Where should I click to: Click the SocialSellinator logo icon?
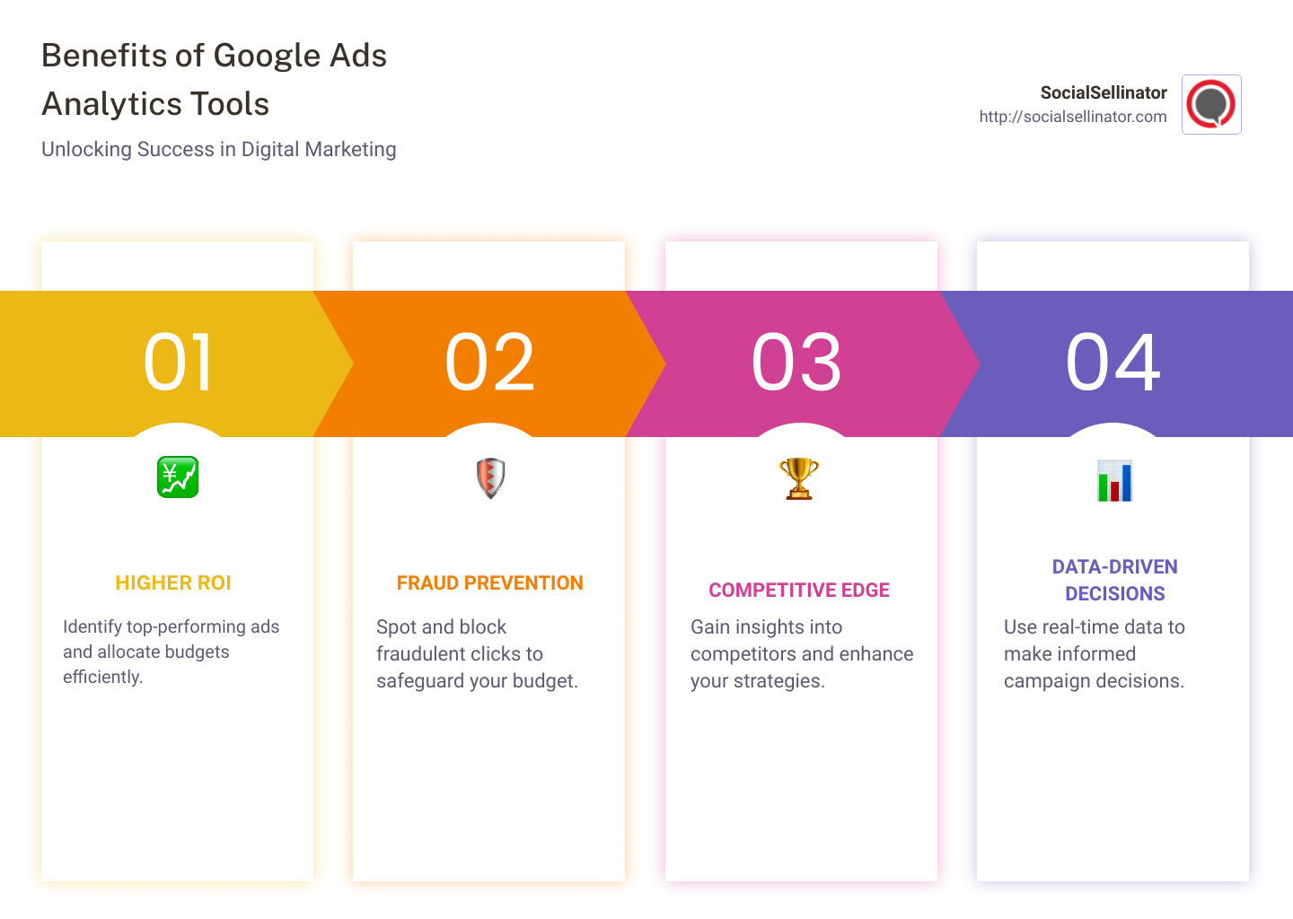[1211, 105]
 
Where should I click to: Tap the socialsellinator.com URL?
[1073, 117]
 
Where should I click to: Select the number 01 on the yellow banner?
[178, 363]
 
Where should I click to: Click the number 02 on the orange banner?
[490, 363]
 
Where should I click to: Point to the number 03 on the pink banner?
[796, 363]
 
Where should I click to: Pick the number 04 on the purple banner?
[1113, 363]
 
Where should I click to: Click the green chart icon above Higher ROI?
[178, 477]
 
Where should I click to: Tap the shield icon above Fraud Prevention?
[490, 477]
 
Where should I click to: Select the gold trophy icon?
[799, 478]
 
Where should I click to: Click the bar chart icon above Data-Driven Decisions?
[1114, 480]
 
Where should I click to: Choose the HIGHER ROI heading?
[173, 583]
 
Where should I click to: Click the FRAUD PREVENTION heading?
[490, 583]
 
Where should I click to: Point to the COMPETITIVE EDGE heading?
[799, 591]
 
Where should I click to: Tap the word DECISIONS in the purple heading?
[1114, 594]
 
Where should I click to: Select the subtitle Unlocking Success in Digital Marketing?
[219, 149]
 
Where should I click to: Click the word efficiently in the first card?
[102, 678]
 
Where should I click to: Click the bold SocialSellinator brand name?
[1104, 92]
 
